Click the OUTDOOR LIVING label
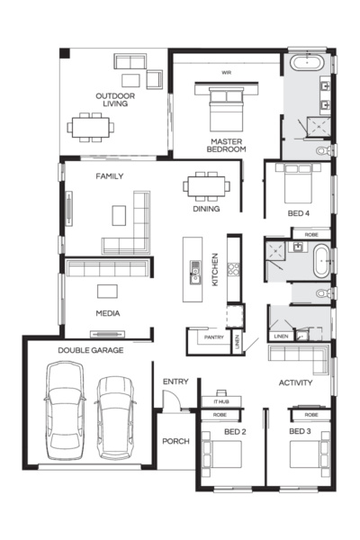pos(114,99)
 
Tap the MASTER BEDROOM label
pos(228,146)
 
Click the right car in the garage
pos(114,412)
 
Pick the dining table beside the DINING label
pos(206,185)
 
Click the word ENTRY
pos(175,382)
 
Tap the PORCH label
pos(175,441)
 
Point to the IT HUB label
pos(220,401)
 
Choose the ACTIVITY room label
pos(295,382)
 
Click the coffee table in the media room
pos(109,290)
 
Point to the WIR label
pos(227,71)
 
